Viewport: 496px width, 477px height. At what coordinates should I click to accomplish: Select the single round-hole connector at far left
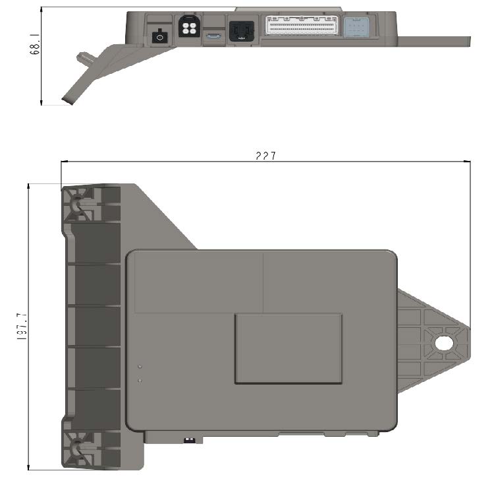(157, 37)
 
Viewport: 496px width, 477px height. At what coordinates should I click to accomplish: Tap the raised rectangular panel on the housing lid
(288, 348)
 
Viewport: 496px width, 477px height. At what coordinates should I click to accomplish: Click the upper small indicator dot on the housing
(140, 366)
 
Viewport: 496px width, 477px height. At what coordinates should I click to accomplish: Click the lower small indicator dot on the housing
(140, 380)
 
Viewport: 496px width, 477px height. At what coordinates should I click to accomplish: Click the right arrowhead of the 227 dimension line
(468, 162)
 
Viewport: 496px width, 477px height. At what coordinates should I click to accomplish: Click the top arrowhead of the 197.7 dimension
(29, 186)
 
